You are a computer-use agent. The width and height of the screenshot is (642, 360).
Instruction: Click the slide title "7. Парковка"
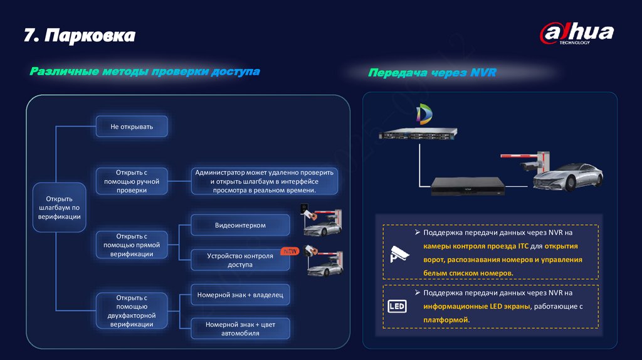[80, 36]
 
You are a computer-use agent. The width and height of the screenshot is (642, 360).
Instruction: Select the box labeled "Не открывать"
[132, 127]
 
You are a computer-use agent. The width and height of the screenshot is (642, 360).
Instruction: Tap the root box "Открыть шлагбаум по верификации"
[60, 207]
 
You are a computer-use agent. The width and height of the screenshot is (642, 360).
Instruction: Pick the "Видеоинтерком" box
[240, 225]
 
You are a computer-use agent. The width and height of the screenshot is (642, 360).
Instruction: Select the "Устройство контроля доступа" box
[240, 260]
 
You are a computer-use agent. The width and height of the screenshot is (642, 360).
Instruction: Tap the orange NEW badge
[290, 251]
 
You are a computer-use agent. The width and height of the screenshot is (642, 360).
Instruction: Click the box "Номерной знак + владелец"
[240, 295]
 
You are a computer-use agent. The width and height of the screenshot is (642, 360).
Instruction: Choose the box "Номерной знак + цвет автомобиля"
[240, 329]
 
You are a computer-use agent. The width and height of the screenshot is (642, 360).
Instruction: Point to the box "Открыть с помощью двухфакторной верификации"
[132, 311]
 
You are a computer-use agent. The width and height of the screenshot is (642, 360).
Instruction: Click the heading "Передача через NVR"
[432, 73]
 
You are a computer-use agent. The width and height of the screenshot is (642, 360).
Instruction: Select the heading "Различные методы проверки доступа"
[145, 71]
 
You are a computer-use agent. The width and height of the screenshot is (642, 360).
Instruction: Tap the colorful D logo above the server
[424, 115]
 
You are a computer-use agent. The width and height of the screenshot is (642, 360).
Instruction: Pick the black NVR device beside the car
[472, 187]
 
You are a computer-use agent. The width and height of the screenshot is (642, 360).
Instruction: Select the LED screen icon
[397, 307]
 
